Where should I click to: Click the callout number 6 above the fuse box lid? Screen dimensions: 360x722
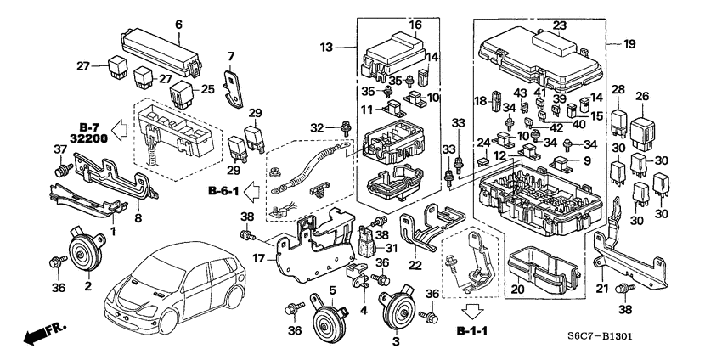178,25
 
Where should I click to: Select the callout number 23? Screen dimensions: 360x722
558,25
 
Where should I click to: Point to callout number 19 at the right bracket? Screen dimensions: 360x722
629,43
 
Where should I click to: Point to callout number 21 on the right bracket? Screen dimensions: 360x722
603,289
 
